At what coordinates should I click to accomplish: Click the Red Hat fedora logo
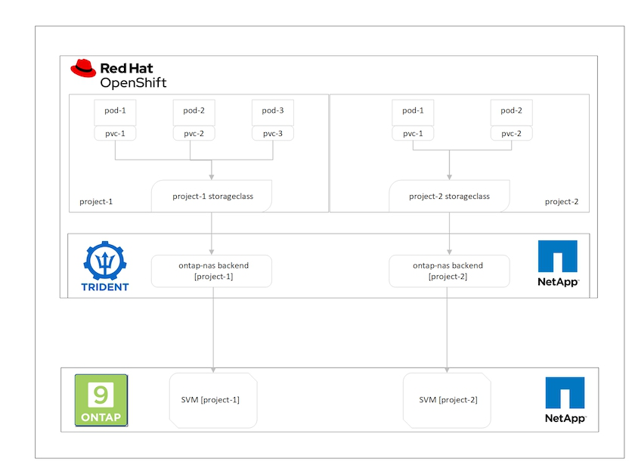[x=83, y=69]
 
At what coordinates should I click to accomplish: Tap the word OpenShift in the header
[x=133, y=82]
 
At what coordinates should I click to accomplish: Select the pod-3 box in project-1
[x=272, y=111]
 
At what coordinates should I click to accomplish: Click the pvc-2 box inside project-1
[x=194, y=133]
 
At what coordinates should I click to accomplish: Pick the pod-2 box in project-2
[x=511, y=111]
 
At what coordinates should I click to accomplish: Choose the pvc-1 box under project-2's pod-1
[x=413, y=133]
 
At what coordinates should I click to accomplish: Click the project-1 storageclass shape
[x=212, y=197]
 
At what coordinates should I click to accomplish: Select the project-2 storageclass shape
[x=449, y=197]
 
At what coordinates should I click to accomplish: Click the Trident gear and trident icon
[x=105, y=261]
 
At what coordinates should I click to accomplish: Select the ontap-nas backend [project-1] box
[x=212, y=271]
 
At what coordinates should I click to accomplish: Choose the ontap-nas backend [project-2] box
[x=449, y=271]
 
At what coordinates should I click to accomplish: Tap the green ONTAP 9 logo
[x=101, y=400]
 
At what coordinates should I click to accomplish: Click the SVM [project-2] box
[x=448, y=399]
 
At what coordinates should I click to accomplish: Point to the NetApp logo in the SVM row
[x=565, y=400]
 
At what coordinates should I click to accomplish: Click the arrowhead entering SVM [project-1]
[x=212, y=370]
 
